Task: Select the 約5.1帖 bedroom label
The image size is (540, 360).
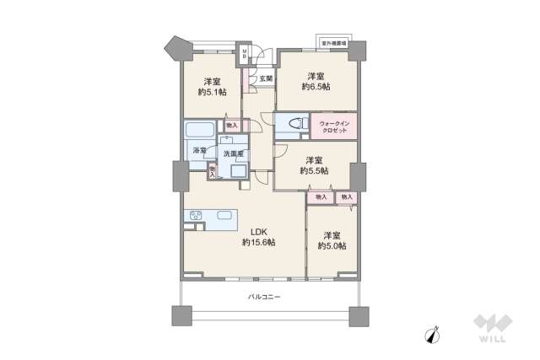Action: pos(213,86)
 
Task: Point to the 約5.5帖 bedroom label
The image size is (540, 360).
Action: pos(314,164)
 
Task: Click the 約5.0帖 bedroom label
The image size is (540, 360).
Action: pos(332,239)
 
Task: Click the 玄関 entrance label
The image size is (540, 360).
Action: pos(266,78)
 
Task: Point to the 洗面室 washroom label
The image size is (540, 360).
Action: pos(234,153)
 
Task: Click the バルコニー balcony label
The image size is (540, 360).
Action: pos(264,297)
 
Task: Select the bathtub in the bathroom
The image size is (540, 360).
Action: pos(200,131)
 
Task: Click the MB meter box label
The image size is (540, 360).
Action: pos(245,56)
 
